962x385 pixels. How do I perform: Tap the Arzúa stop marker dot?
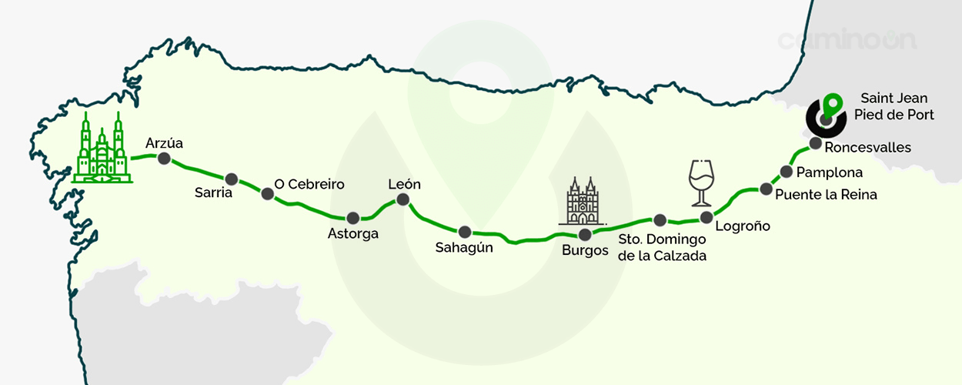tap(163, 159)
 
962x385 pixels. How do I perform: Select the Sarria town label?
tap(214, 193)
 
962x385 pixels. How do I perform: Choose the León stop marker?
tap(402, 200)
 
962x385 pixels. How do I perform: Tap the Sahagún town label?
tap(464, 248)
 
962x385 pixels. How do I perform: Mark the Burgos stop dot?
tap(584, 235)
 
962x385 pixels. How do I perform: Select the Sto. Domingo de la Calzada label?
tap(663, 248)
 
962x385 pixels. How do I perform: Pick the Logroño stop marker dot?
tap(706, 217)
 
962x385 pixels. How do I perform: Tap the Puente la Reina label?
tap(826, 195)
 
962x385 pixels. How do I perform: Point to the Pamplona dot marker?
tap(787, 171)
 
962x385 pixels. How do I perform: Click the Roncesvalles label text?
tap(867, 147)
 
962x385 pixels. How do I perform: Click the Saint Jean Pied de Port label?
tap(894, 106)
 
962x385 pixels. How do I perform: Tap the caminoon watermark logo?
tap(847, 39)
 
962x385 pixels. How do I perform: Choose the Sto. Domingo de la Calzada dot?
tap(660, 220)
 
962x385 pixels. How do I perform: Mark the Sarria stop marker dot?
tap(231, 179)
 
